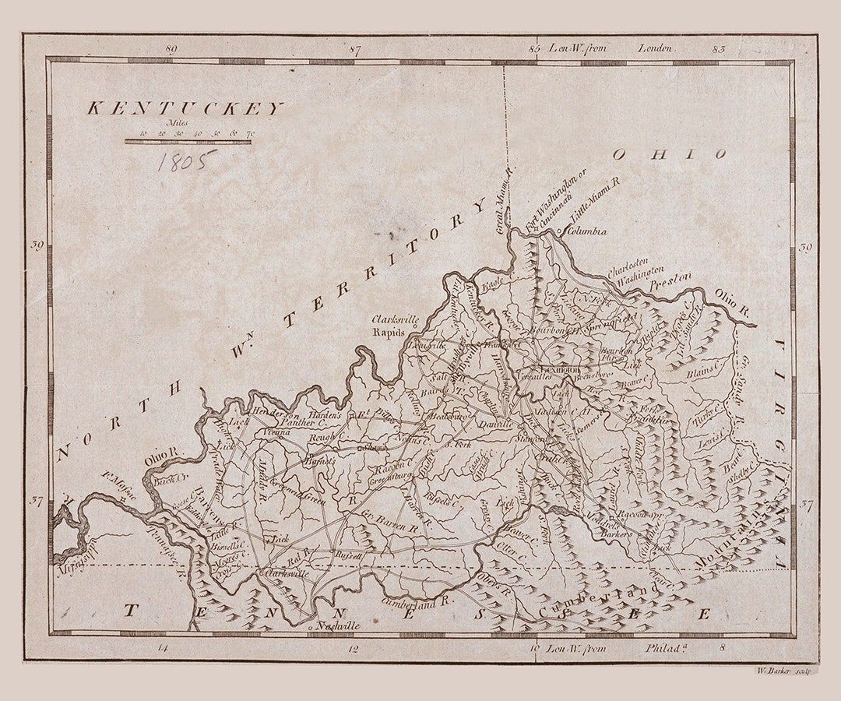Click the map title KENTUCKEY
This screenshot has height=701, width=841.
click(x=185, y=109)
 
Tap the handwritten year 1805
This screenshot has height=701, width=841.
click(x=185, y=161)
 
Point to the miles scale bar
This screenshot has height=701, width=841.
click(x=188, y=142)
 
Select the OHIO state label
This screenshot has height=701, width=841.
click(x=669, y=154)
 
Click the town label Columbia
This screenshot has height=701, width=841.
click(x=586, y=231)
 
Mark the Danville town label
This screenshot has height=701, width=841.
click(x=494, y=424)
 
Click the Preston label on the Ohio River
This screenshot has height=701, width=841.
click(x=670, y=277)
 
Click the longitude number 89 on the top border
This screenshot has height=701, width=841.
click(x=172, y=49)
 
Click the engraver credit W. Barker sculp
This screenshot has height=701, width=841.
click(x=783, y=670)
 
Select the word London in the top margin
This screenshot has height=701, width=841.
click(x=654, y=48)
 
